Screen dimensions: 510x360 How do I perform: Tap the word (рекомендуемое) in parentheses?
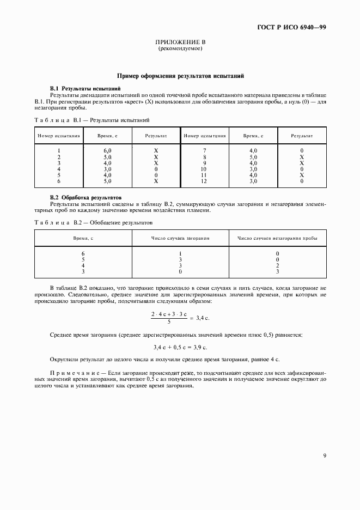[180, 49]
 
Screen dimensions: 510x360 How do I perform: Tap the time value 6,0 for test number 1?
[107, 150]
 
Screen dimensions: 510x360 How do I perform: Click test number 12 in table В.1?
[204, 181]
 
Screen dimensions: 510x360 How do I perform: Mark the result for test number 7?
[301, 150]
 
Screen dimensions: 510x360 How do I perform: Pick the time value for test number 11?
[253, 175]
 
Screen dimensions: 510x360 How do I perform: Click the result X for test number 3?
[156, 162]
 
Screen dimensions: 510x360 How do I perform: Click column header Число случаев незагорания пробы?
[277, 238]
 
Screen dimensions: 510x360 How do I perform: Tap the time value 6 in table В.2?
[83, 253]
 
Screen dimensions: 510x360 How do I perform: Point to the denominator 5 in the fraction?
[168, 321]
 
